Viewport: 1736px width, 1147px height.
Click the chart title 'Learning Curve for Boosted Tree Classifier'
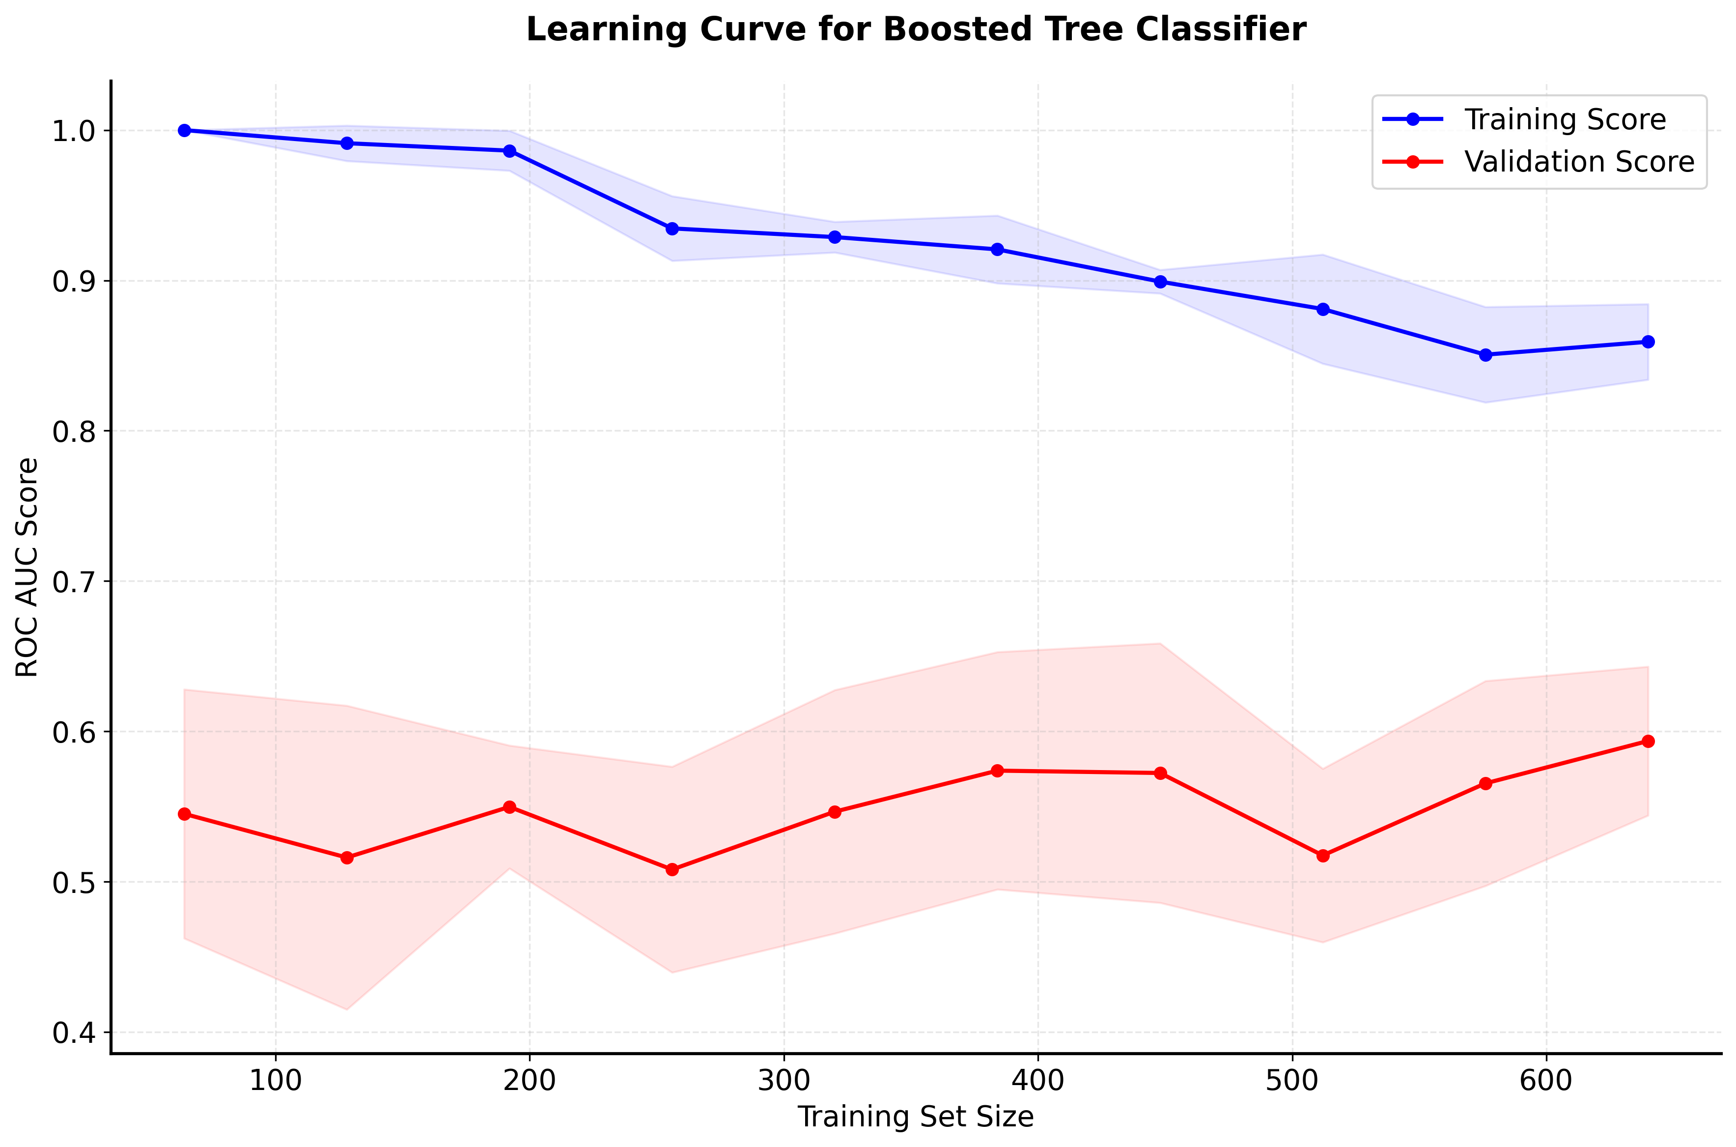pos(916,30)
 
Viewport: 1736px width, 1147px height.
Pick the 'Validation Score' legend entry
pos(1579,162)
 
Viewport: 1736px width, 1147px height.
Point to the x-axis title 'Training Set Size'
pos(916,1117)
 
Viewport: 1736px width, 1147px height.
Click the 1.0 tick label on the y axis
pos(73,132)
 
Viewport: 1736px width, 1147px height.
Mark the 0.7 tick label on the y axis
pos(73,582)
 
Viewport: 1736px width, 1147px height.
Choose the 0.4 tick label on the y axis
pos(73,1033)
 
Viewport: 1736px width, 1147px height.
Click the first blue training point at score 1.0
pos(184,130)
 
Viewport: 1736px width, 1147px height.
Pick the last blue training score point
pos(1648,342)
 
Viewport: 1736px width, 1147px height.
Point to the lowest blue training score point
pos(1485,355)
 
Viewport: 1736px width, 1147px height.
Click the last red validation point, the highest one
pos(1648,741)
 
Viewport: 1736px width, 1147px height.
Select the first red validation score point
pos(184,814)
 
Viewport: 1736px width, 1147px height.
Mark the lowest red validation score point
pos(672,870)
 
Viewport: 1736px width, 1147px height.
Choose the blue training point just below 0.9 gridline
pos(1160,282)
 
